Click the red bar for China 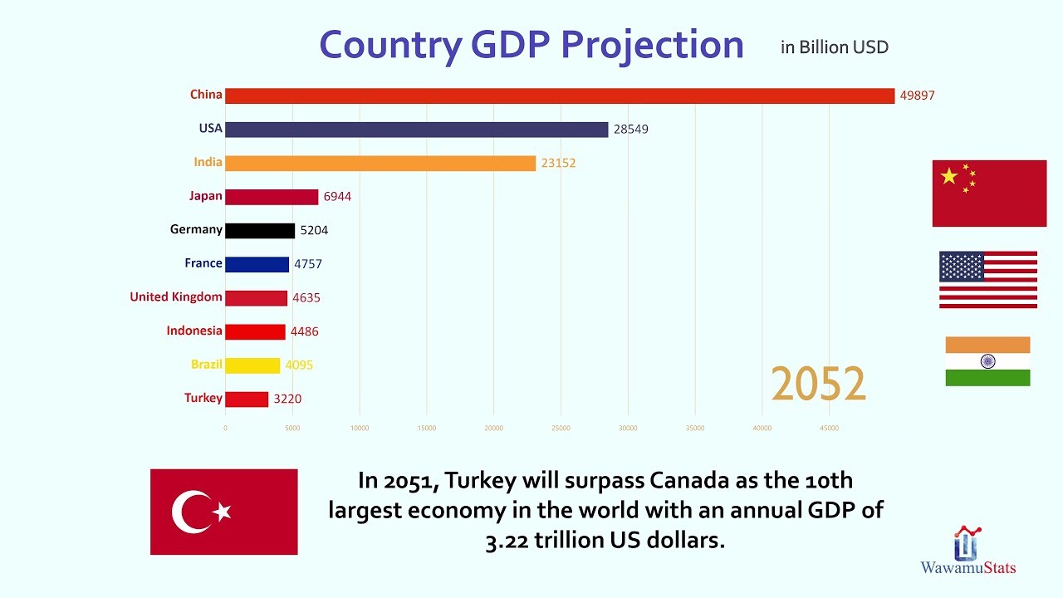[559, 96]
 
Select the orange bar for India [380, 164]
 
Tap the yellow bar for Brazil [252, 365]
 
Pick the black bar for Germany [259, 231]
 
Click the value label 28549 [631, 130]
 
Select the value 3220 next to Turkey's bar [287, 399]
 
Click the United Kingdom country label [176, 297]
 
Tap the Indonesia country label [194, 331]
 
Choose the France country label [203, 263]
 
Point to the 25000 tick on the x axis [561, 429]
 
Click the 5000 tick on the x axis [292, 429]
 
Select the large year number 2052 [818, 385]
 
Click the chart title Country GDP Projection [531, 45]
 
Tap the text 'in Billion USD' [834, 47]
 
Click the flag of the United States [988, 280]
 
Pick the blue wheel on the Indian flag [987, 361]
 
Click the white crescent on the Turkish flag [189, 512]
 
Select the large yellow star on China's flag [949, 176]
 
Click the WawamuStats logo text [967, 568]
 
